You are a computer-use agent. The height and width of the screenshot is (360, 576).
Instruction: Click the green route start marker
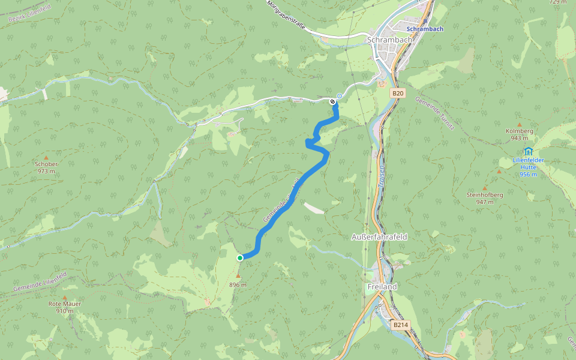point(240,258)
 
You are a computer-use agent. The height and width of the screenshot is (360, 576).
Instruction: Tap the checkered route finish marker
point(332,101)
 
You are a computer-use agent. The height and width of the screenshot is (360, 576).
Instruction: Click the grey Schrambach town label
point(389,40)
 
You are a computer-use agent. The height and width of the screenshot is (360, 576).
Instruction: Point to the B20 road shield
point(398,93)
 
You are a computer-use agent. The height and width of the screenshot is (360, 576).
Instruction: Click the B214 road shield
point(400,325)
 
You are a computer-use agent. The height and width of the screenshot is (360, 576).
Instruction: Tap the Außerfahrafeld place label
point(379,237)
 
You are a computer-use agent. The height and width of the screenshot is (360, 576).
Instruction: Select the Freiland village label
point(382,287)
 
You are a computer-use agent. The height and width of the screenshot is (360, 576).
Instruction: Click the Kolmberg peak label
point(519,131)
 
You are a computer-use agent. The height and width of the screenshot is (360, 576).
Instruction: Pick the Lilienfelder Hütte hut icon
point(528,151)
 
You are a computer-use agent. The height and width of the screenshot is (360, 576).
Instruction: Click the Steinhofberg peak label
point(485,195)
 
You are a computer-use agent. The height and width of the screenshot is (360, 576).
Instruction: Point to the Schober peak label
point(46,164)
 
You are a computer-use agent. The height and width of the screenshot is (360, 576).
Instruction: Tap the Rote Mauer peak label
point(65,304)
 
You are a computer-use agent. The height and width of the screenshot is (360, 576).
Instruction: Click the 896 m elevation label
point(238,284)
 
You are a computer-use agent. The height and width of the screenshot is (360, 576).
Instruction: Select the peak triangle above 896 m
point(238,276)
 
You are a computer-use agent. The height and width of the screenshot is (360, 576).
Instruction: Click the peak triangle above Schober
point(46,157)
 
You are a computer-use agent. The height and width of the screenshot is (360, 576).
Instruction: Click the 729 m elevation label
point(558,2)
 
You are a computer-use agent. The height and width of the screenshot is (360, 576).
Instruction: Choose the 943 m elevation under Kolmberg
point(519,138)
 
